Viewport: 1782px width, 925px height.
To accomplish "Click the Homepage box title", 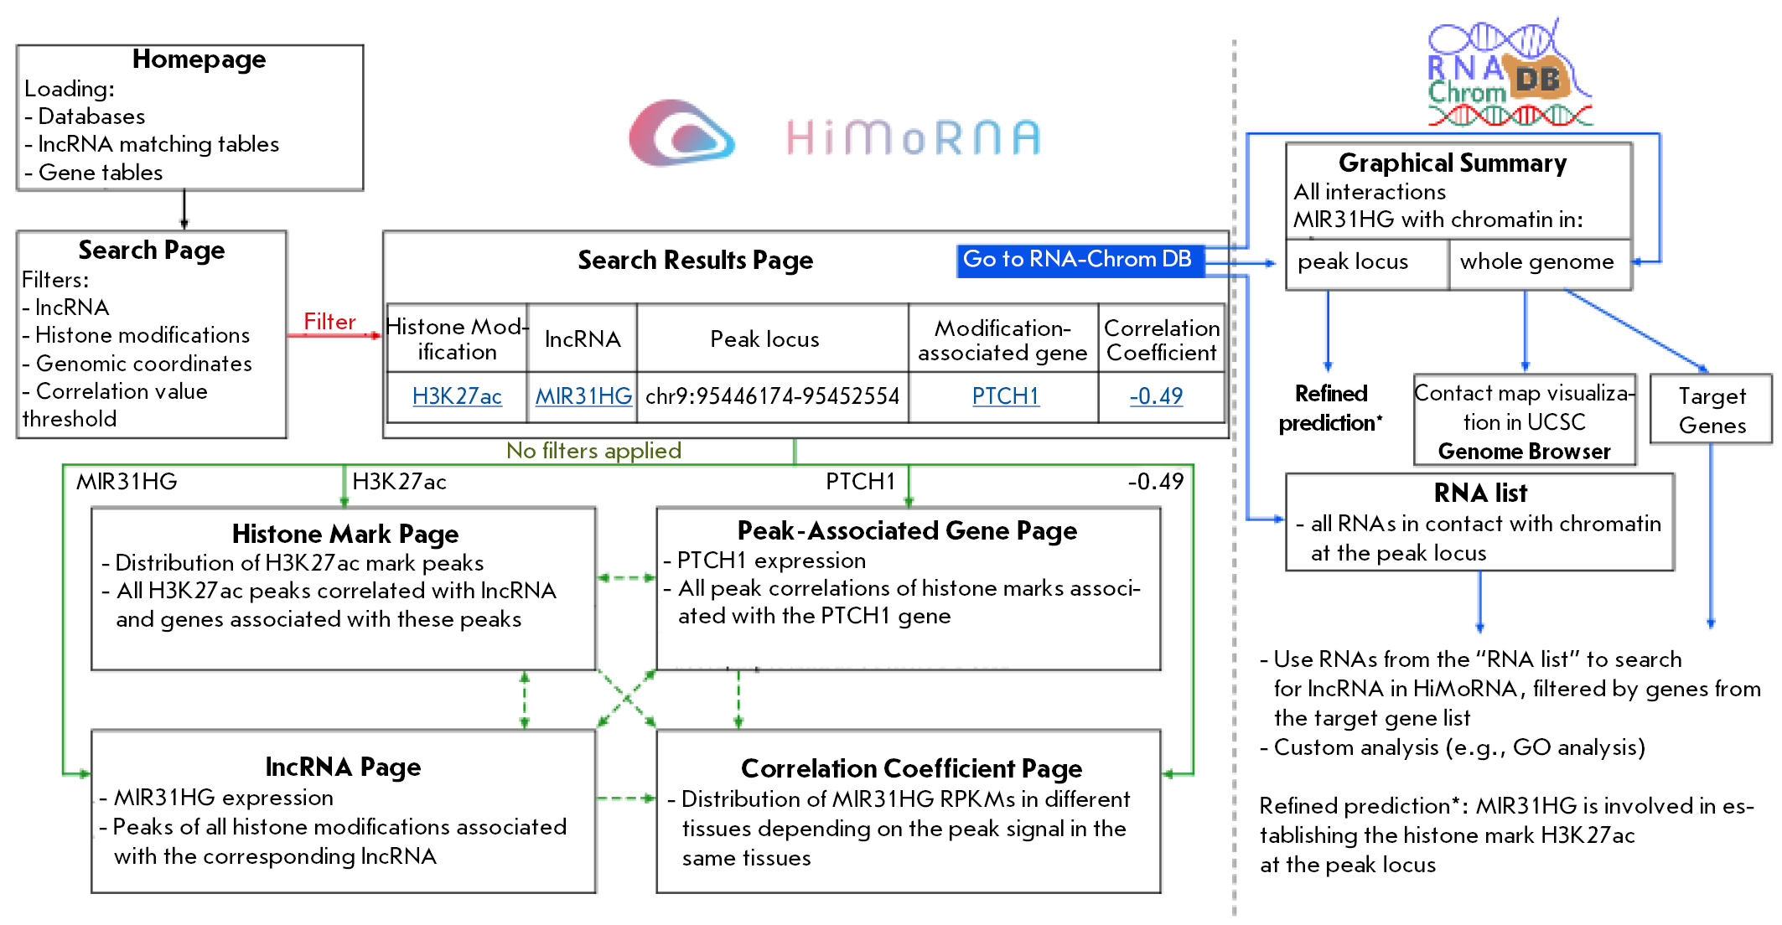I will pos(199,59).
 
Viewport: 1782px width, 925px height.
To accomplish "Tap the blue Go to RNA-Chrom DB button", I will pos(1079,260).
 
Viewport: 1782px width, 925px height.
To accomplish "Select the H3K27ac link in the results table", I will pos(457,396).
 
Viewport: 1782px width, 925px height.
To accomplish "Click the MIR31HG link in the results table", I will pos(583,396).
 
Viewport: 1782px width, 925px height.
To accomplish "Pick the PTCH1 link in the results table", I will pos(1005,396).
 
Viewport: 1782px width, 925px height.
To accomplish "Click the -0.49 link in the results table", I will pos(1156,396).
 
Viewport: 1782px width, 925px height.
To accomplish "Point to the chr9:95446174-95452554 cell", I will pos(772,396).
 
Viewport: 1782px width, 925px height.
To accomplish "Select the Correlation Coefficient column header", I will pos(1161,340).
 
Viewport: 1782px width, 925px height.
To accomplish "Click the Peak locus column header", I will pos(764,339).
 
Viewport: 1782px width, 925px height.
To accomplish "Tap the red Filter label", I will pos(329,322).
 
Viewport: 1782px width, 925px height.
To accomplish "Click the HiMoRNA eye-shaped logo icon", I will pos(681,134).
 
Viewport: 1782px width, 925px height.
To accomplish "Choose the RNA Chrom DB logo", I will pos(1509,75).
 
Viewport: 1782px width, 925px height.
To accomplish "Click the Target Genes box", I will pos(1712,411).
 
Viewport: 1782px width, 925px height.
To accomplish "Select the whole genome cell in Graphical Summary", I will pos(1536,262).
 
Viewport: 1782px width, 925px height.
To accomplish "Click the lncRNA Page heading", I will pos(343,767).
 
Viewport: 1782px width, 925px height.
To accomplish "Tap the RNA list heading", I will pos(1480,494).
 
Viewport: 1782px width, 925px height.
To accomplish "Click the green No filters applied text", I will pos(593,451).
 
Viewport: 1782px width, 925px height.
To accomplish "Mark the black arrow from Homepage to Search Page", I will pos(184,209).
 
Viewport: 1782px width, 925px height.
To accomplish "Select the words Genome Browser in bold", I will pos(1524,452).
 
